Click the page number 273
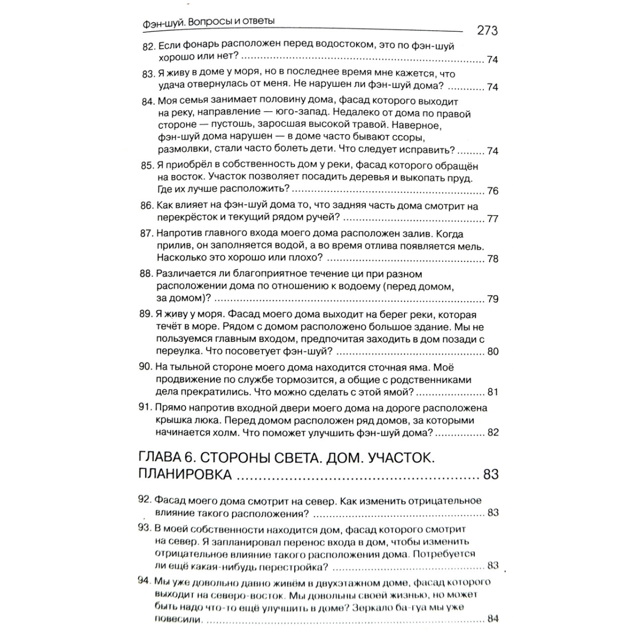coord(487,30)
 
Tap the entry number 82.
coord(148,46)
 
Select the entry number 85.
coord(147,165)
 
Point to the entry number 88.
coord(146,274)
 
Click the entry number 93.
coord(144,528)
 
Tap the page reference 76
coord(492,191)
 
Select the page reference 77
coord(492,218)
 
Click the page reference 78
coord(492,259)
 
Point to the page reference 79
coord(492,299)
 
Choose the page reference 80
coord(492,351)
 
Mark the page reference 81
coord(492,392)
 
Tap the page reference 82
coord(492,432)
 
